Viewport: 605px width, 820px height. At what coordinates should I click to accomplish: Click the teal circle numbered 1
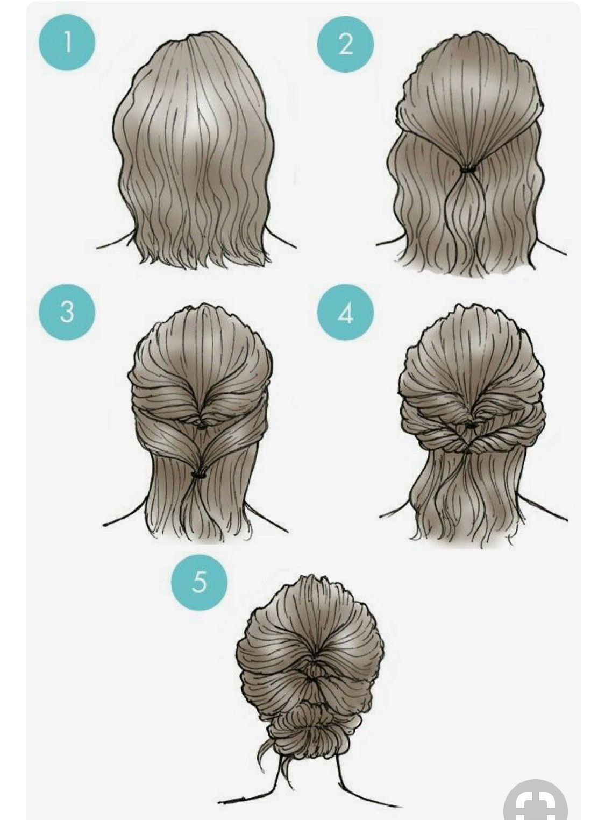click(x=67, y=42)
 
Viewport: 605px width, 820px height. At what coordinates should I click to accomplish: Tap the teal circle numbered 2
click(x=345, y=44)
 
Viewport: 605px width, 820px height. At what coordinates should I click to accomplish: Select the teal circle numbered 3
click(x=67, y=312)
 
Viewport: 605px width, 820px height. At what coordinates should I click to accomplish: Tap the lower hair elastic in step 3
click(x=200, y=475)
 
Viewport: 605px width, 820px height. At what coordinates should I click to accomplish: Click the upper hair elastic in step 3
click(x=202, y=426)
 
